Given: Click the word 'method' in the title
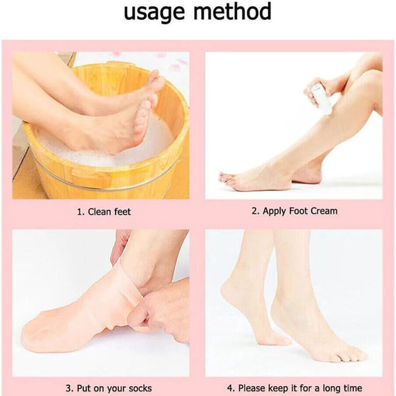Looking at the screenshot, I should tap(236, 12).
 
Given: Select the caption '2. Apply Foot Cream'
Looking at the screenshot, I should tap(294, 211).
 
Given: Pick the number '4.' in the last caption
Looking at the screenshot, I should tap(231, 388).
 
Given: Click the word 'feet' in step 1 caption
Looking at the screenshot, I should tap(121, 211).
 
